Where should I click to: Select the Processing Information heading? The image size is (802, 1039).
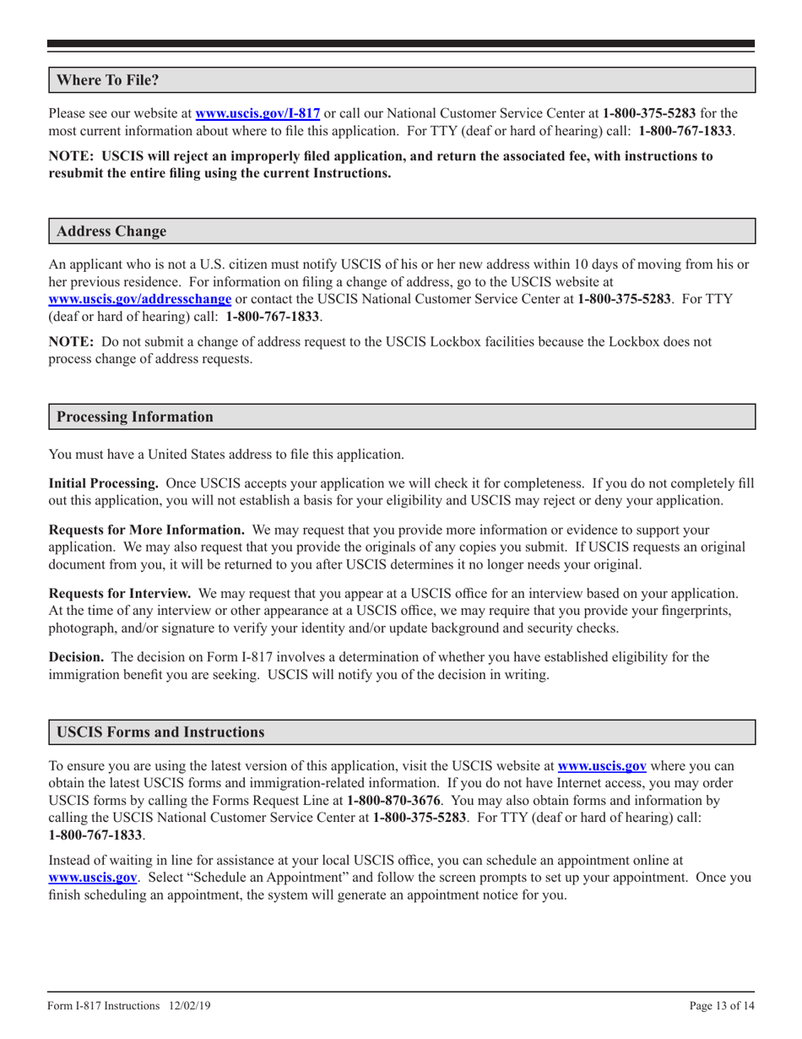pyautogui.click(x=134, y=416)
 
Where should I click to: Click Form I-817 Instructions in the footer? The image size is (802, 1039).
pyautogui.click(x=104, y=1006)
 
